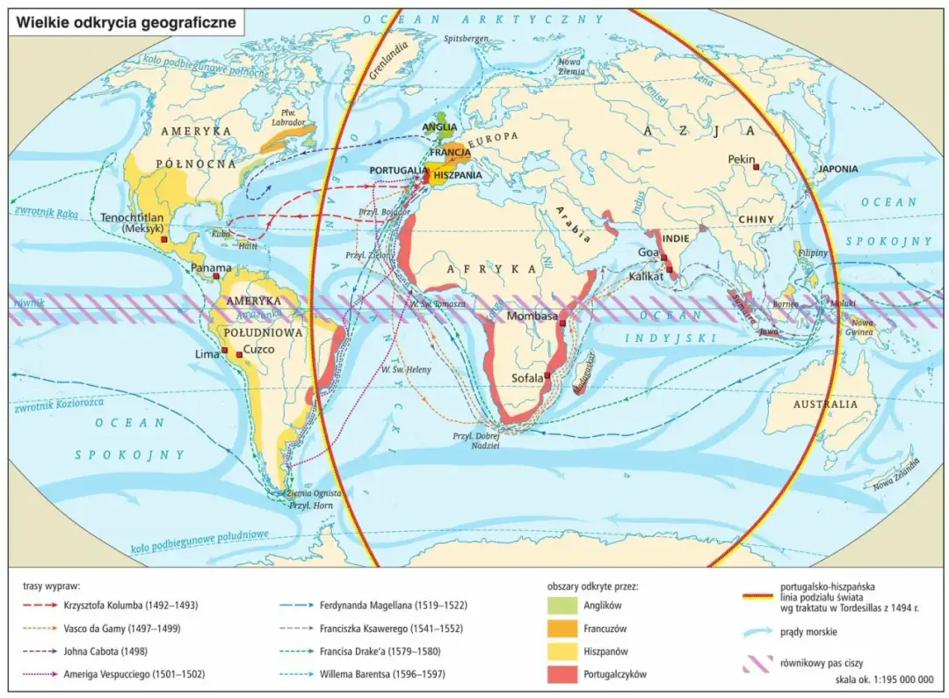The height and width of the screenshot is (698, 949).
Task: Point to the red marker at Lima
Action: click(x=224, y=350)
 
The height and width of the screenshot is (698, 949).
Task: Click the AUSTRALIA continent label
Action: click(x=825, y=404)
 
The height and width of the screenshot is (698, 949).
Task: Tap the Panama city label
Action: click(x=211, y=267)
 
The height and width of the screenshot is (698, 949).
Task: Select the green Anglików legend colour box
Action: click(x=562, y=605)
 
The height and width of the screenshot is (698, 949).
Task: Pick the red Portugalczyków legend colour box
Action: click(x=562, y=673)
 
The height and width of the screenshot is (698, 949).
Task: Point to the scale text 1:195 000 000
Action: click(x=887, y=680)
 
